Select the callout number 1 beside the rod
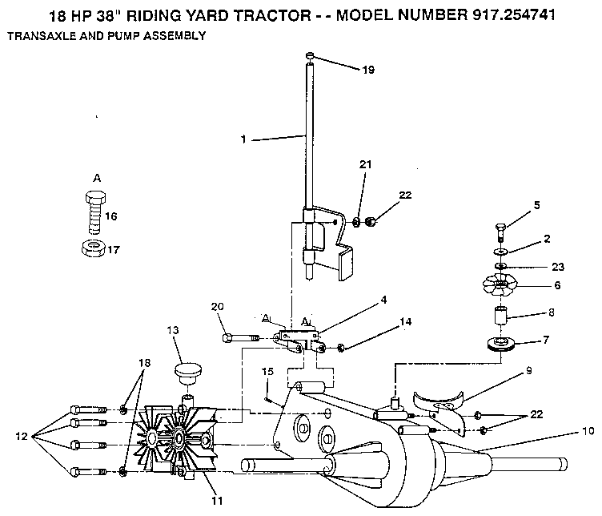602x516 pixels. pos(243,139)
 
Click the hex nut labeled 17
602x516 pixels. pos(92,248)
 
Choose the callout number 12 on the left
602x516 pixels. pos(22,437)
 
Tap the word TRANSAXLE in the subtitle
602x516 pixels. pos(36,36)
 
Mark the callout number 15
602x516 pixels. pos(267,371)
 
